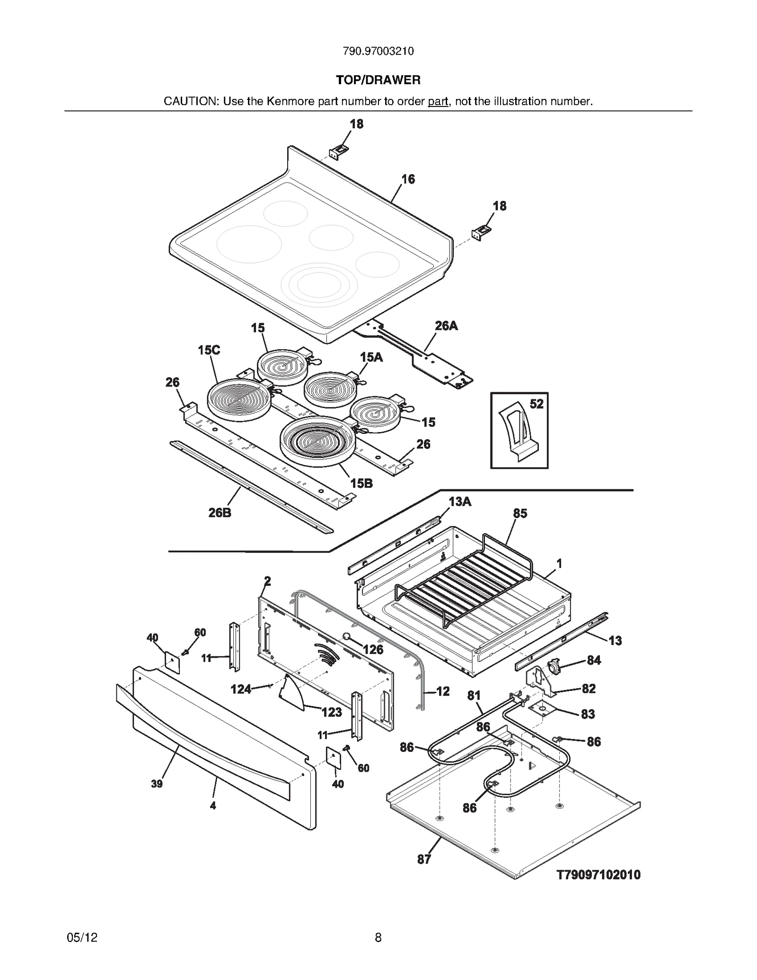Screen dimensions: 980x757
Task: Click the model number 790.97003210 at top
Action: (378, 51)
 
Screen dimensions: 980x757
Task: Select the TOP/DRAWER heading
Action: (378, 80)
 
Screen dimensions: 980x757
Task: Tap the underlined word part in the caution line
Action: (438, 101)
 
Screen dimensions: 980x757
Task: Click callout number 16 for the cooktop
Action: (408, 179)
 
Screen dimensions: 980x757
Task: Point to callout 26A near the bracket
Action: (446, 326)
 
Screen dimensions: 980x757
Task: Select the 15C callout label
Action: (209, 350)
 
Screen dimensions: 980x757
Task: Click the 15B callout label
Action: (361, 483)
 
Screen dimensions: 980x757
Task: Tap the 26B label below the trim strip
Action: (220, 512)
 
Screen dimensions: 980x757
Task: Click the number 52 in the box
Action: (536, 404)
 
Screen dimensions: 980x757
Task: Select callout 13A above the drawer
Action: (460, 502)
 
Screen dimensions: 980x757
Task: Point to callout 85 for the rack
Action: (520, 513)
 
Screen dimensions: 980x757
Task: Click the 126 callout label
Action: (373, 650)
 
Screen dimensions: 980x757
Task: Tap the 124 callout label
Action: (241, 689)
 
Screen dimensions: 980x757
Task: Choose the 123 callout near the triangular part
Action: (331, 712)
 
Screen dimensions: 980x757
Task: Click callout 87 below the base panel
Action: (424, 859)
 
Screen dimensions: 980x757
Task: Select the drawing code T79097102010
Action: (599, 875)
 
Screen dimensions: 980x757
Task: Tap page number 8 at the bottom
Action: (378, 937)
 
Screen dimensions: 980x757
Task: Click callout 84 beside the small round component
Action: (594, 660)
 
